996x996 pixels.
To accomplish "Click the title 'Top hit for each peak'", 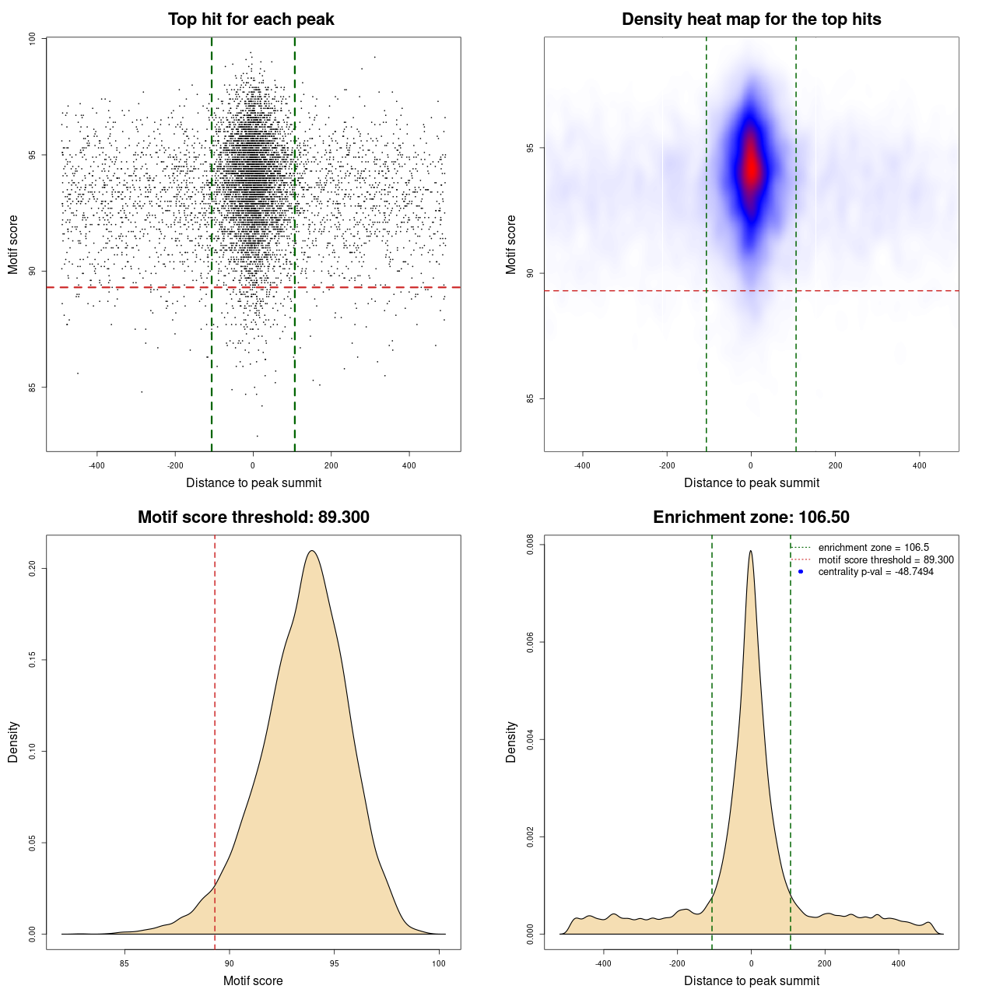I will [251, 19].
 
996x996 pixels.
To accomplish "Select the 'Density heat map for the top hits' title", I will [751, 19].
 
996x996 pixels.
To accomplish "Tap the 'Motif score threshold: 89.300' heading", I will [253, 517].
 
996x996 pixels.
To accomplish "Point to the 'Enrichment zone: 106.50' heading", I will [751, 517].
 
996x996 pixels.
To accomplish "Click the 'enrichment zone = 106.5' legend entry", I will [873, 548].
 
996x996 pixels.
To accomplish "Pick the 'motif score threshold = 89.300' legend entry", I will [886, 560].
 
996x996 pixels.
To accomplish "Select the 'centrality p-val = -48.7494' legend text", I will [875, 572].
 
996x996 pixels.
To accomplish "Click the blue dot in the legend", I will [801, 572].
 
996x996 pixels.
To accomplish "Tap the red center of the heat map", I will [751, 167].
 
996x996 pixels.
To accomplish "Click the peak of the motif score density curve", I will [312, 551].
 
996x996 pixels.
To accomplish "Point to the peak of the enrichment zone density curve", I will [751, 551].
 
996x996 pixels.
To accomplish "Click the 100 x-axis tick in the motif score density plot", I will [439, 963].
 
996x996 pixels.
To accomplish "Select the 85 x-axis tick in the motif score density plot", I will [124, 963].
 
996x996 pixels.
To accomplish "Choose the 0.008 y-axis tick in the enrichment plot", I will [531, 545].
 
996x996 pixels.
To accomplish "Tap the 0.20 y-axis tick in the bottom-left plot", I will [33, 569].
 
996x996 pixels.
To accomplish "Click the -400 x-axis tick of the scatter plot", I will [96, 465].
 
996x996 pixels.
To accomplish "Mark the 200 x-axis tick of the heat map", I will [835, 465].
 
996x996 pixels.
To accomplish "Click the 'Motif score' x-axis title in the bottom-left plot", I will [253, 980].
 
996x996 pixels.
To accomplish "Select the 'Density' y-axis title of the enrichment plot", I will [511, 742].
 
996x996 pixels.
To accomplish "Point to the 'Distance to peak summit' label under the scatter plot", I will [253, 482].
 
